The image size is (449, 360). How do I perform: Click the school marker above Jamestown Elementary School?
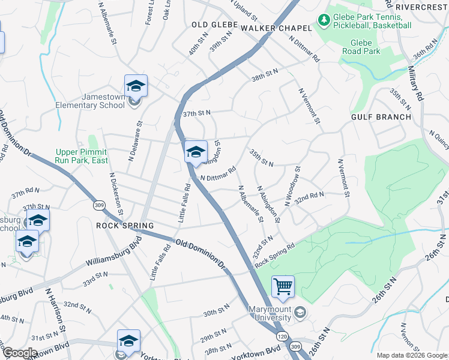point(136,86)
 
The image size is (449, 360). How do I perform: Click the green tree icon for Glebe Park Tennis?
point(324,21)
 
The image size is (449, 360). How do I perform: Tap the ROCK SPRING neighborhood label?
point(125,226)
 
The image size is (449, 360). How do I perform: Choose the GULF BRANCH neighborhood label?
point(382,117)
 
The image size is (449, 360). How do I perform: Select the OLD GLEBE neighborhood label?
point(214,25)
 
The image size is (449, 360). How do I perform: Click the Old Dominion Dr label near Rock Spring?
point(199,253)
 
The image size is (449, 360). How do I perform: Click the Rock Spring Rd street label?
point(275,255)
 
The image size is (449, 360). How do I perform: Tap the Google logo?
point(19,353)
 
